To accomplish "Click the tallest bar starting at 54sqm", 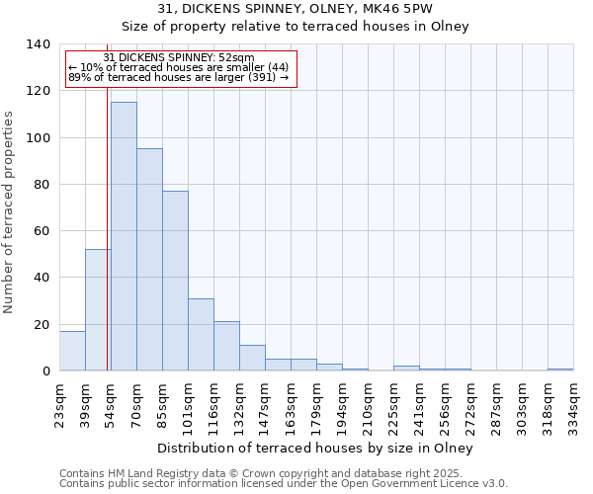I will pyautogui.click(x=124, y=237).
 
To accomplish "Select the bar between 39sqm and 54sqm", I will pyautogui.click(x=98, y=310).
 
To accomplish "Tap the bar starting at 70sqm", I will pyautogui.click(x=149, y=260).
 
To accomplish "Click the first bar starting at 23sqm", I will pyautogui.click(x=72, y=351).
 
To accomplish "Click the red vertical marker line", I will pyautogui.click(x=107, y=227).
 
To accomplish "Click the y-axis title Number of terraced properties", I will pyautogui.click(x=9, y=211).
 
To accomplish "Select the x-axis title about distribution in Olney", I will pyautogui.click(x=315, y=449).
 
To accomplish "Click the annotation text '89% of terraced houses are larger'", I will pyautogui.click(x=179, y=78).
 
